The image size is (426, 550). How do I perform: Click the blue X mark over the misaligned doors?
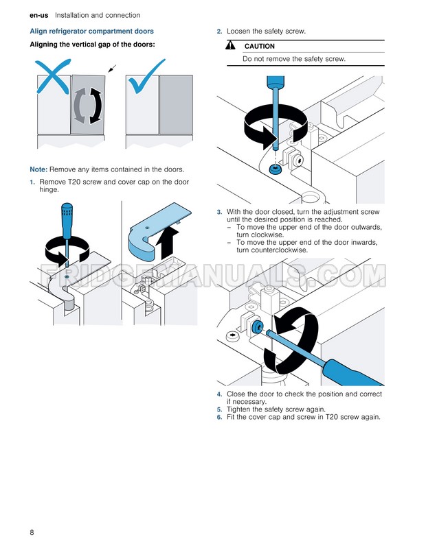click(53, 76)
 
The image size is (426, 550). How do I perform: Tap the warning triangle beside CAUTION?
click(231, 45)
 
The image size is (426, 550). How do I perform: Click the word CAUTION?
click(260, 47)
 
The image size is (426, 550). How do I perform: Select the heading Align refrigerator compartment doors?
click(92, 32)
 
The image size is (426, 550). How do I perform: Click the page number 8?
click(32, 532)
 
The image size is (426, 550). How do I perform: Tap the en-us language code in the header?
click(39, 16)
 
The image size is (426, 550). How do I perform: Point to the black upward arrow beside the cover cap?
click(167, 241)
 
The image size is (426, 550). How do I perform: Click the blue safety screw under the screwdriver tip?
click(276, 169)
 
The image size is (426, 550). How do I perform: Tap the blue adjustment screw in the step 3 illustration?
click(257, 327)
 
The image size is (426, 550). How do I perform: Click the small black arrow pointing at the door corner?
click(112, 69)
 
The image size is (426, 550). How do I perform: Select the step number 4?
click(219, 394)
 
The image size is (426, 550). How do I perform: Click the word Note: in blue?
click(38, 169)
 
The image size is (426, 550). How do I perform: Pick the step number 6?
click(219, 418)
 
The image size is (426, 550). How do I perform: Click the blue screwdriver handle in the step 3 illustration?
click(352, 372)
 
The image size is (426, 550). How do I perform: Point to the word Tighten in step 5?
click(238, 409)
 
